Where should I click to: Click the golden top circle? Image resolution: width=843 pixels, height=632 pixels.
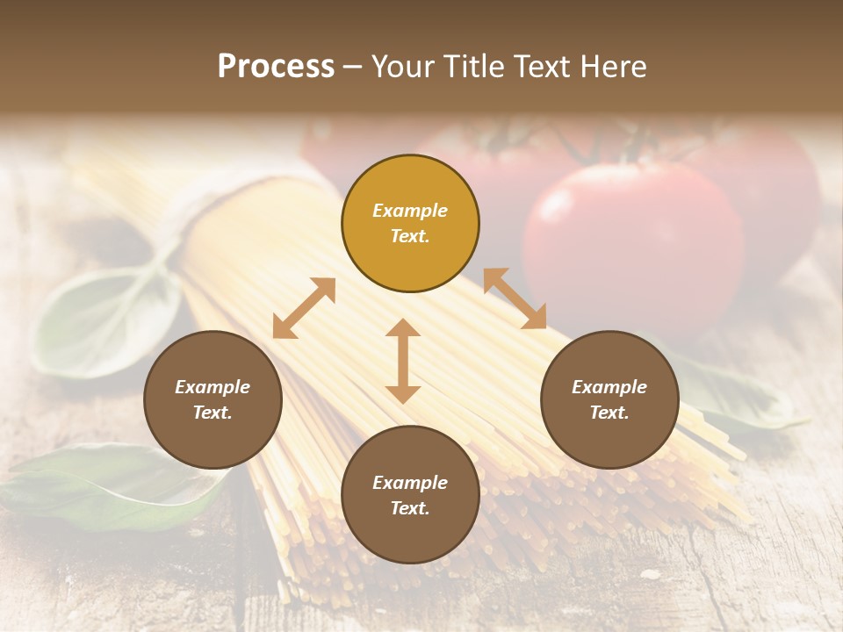click(410, 223)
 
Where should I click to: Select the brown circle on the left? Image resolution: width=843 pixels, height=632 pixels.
click(213, 399)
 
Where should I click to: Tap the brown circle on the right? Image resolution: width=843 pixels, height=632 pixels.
click(609, 399)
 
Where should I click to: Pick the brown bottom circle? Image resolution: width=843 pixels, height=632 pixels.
click(410, 495)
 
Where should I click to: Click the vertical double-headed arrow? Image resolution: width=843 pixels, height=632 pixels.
click(403, 361)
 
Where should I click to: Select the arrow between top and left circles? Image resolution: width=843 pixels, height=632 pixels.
click(304, 308)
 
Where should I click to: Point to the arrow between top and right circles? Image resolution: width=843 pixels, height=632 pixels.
click(515, 298)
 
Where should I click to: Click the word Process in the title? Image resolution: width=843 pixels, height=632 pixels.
click(276, 67)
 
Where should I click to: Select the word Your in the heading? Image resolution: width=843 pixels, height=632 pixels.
click(401, 67)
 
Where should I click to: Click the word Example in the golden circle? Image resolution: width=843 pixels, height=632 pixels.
click(410, 211)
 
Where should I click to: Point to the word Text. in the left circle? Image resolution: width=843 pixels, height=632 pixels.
click(213, 413)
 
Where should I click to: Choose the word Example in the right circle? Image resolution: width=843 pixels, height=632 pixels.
click(609, 387)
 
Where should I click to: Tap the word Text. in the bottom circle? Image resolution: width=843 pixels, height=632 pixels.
click(410, 508)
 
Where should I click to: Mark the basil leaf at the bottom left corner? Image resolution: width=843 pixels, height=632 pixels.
click(97, 483)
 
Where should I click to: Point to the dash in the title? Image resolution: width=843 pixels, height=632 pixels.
click(352, 67)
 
